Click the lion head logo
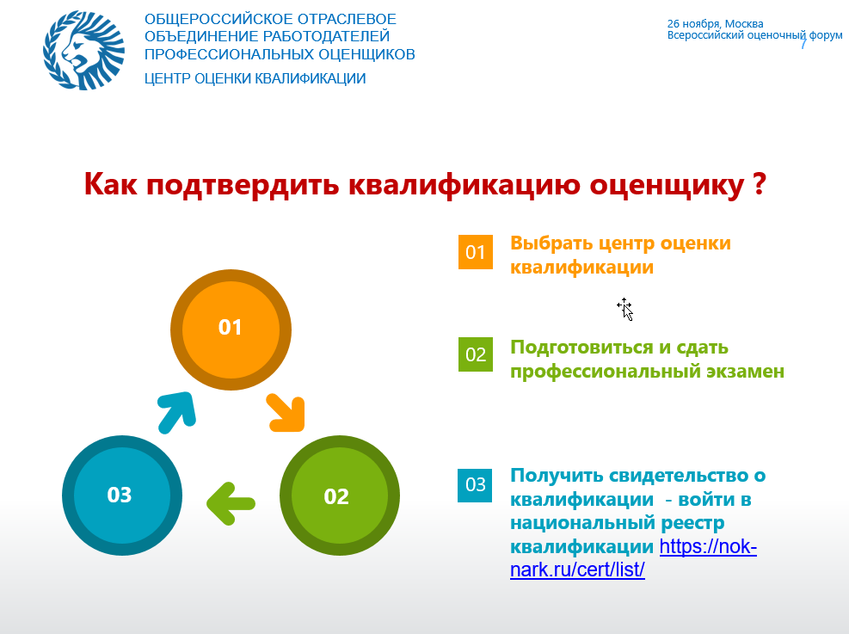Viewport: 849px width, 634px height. [x=84, y=50]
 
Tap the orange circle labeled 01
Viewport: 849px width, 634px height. [x=231, y=329]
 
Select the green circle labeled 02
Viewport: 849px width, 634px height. [x=340, y=496]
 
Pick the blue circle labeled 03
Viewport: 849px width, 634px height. [x=122, y=496]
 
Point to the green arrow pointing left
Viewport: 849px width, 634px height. [x=231, y=503]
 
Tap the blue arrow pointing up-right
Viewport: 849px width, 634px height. [x=176, y=412]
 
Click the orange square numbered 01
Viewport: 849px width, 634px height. [x=476, y=252]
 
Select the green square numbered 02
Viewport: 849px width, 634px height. [x=476, y=354]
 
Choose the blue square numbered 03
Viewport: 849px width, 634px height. [x=475, y=485]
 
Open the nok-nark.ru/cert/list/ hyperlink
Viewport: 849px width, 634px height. [x=633, y=558]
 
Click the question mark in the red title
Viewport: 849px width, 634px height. [x=760, y=184]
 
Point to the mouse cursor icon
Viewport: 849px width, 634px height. [x=624, y=309]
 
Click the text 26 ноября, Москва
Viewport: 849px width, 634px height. [x=716, y=24]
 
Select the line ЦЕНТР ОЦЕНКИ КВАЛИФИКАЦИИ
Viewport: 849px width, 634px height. [x=255, y=78]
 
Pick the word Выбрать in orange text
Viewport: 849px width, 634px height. [x=551, y=243]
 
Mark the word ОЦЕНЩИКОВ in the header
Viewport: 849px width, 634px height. [x=366, y=55]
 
